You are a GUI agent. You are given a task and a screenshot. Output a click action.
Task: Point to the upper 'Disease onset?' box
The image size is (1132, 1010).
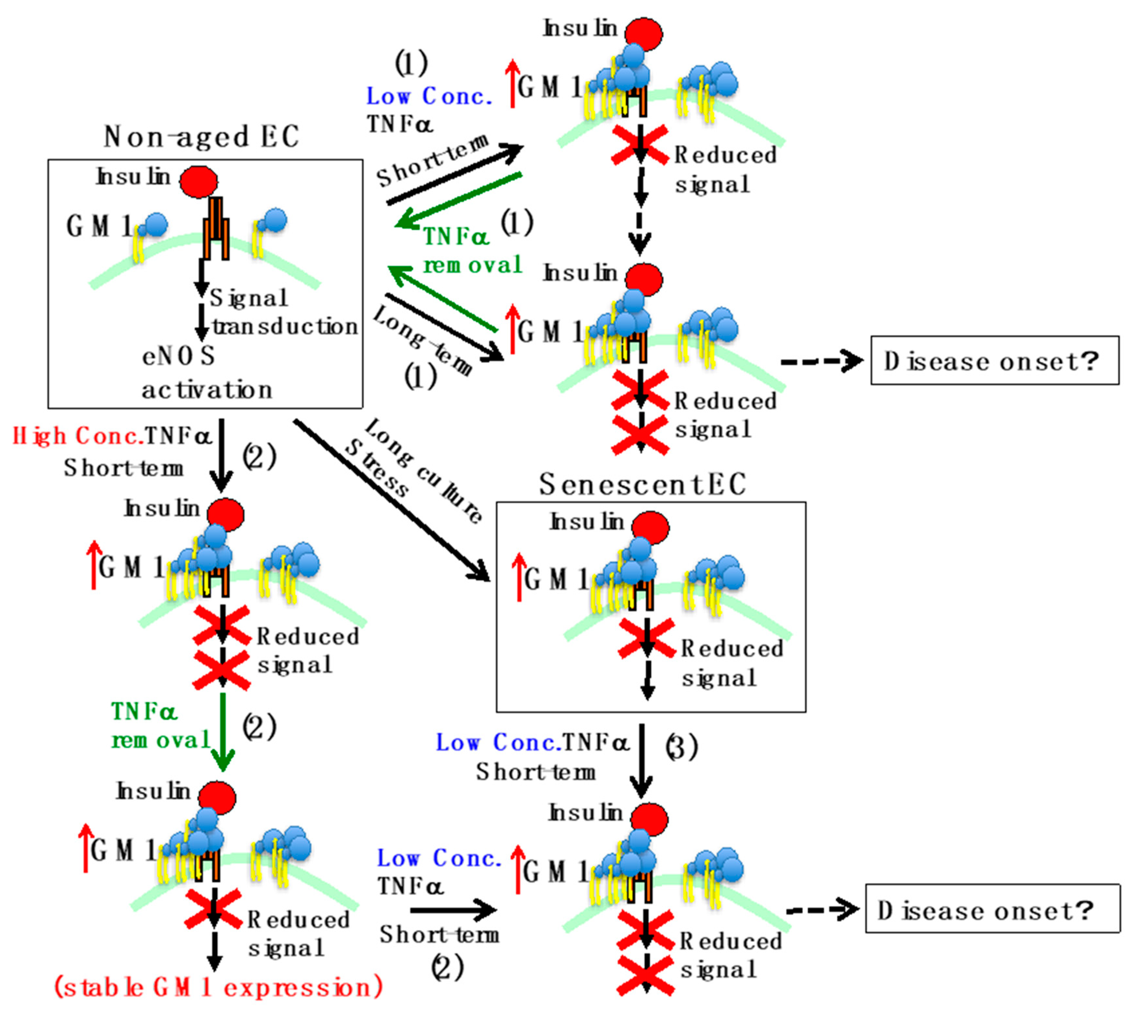(994, 361)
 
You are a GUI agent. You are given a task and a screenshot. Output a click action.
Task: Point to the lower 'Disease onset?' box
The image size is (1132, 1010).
(992, 910)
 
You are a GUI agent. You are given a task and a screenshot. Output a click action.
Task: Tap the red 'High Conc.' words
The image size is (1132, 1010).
(78, 436)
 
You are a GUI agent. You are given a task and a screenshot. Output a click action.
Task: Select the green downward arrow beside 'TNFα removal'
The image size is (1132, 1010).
(222, 733)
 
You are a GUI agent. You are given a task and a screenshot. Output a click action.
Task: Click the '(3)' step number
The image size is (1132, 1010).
(681, 748)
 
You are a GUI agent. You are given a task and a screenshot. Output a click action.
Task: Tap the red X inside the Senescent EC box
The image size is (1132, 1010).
(646, 639)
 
